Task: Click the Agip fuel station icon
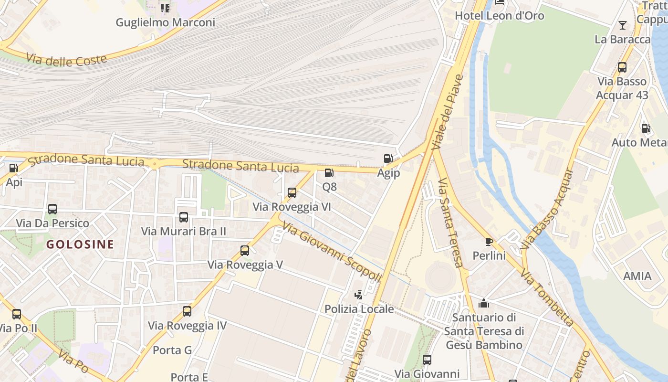point(388,159)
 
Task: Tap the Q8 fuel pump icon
point(329,173)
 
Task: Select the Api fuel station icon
point(13,168)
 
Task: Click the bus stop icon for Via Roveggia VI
point(292,193)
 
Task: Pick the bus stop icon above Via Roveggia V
point(245,250)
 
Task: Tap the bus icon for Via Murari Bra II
point(184,217)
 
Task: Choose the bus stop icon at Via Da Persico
point(52,209)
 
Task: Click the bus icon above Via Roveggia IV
point(187,311)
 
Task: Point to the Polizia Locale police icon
point(358,295)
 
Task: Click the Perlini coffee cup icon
point(489,242)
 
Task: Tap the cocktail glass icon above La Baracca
point(623,25)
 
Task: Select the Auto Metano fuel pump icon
point(646,128)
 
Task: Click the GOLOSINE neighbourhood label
point(80,244)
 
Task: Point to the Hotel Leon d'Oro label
point(500,15)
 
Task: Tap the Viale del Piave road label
point(448,112)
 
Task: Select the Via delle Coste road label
point(66,60)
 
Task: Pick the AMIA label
point(637,276)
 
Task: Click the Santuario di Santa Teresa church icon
point(484,303)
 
